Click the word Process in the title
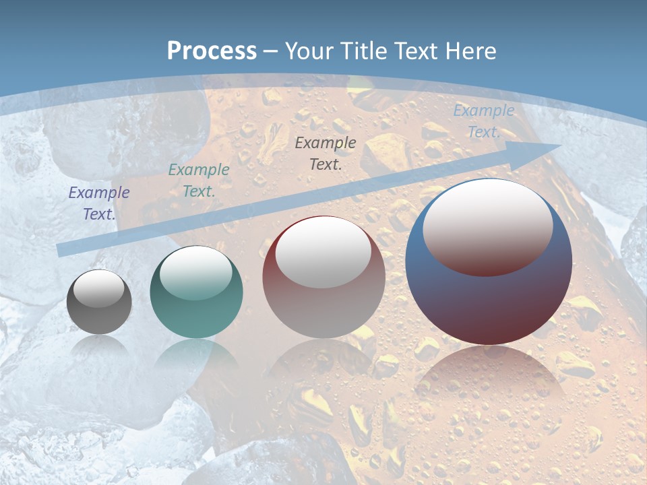pyautogui.click(x=212, y=51)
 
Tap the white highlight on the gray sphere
pyautogui.click(x=98, y=289)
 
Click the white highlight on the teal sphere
pyautogui.click(x=196, y=272)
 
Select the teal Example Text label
pyautogui.click(x=199, y=181)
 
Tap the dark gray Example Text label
pyautogui.click(x=326, y=153)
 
